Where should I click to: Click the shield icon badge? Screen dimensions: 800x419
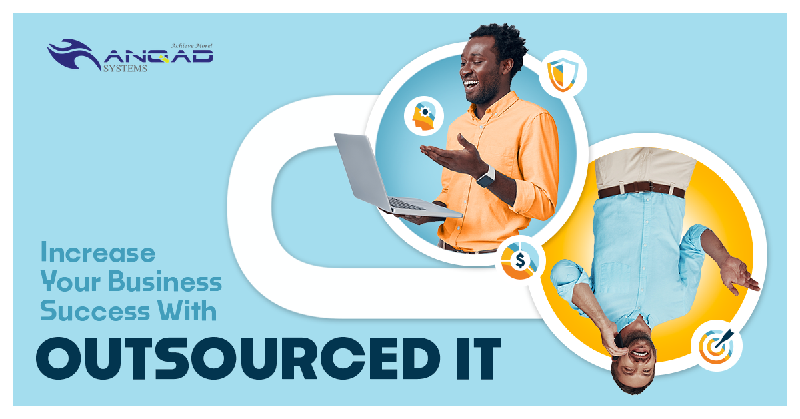(563, 74)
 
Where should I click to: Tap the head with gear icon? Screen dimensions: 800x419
(424, 116)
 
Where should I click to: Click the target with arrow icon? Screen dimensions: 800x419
(717, 346)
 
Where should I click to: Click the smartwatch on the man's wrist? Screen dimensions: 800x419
(487, 177)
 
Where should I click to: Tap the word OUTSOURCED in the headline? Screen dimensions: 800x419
(238, 358)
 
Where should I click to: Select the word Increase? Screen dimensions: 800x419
(98, 252)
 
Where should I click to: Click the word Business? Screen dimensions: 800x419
(165, 281)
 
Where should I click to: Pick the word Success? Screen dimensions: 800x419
(95, 310)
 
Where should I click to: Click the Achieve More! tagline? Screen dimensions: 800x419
(191, 46)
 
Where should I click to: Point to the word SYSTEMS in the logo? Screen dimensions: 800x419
(125, 68)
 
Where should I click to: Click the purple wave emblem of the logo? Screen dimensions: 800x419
(74, 54)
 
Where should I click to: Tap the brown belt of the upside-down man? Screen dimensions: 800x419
(642, 189)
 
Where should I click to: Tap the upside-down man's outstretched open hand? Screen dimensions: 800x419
(738, 276)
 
